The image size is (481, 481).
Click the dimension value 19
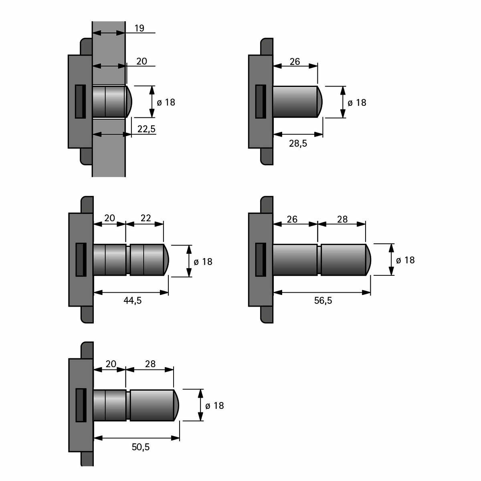(139, 28)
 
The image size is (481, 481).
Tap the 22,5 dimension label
(147, 129)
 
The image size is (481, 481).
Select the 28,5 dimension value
(298, 143)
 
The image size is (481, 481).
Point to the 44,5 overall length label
(133, 300)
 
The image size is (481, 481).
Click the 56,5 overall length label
(323, 300)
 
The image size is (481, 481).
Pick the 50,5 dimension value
(141, 447)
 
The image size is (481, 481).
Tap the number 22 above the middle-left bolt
(146, 218)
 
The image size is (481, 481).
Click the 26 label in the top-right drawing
(295, 61)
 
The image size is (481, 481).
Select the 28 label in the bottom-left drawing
(150, 364)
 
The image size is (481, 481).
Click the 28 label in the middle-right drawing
(342, 219)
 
